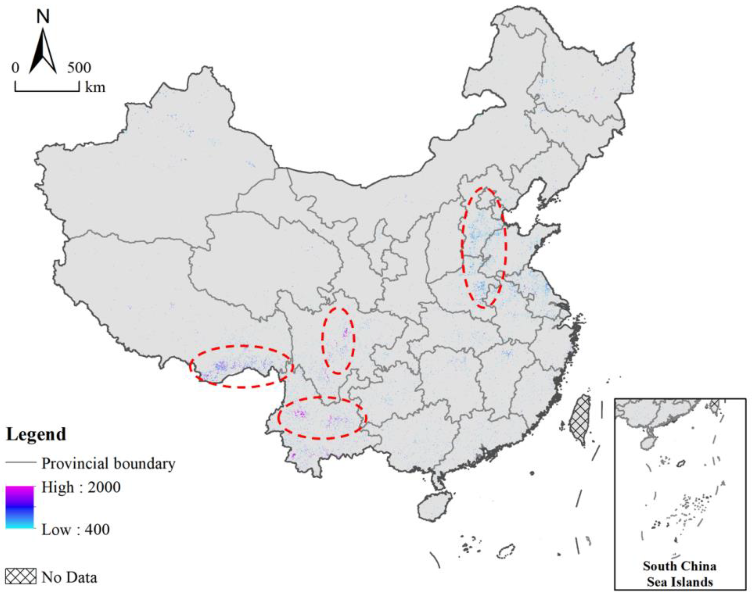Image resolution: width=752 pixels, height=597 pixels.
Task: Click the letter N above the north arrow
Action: pos(43,16)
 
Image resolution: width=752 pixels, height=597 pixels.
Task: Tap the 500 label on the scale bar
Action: pos(79,68)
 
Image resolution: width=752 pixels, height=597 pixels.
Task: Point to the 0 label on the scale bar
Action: pos(15,68)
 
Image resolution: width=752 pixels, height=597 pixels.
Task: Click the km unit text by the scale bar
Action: pos(95,87)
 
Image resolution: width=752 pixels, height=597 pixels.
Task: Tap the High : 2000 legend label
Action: pos(81,487)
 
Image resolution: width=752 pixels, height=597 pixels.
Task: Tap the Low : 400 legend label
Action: pos(76,530)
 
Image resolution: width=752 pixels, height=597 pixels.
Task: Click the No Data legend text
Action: pos(69,578)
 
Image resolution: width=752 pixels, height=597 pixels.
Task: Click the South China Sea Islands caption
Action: pos(679,574)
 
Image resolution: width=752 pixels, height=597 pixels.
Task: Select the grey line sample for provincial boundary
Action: pos(21,463)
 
